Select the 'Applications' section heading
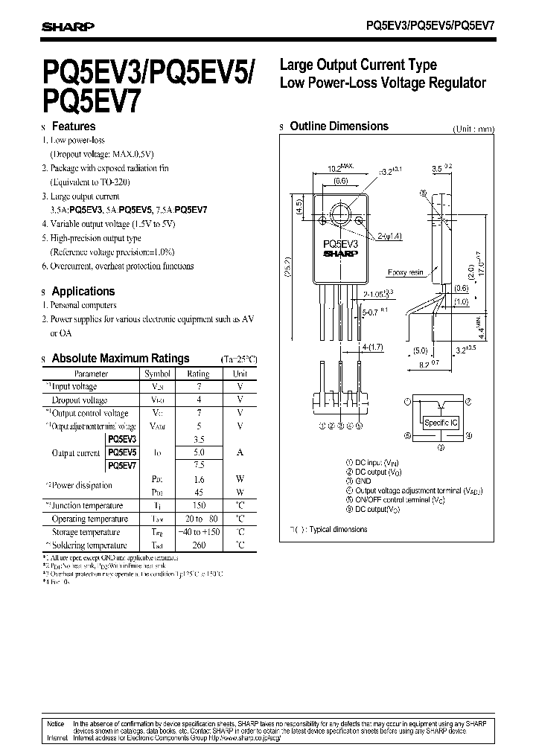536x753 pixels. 83,292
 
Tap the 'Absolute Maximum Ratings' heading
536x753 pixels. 120,359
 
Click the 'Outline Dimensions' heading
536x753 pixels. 339,126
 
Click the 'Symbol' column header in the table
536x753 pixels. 157,374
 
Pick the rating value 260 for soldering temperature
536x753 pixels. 198,545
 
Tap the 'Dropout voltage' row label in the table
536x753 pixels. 79,400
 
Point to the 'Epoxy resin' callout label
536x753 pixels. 405,272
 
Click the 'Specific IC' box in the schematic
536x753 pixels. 441,423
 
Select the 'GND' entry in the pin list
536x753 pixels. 363,481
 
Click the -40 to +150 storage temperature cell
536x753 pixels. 198,532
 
